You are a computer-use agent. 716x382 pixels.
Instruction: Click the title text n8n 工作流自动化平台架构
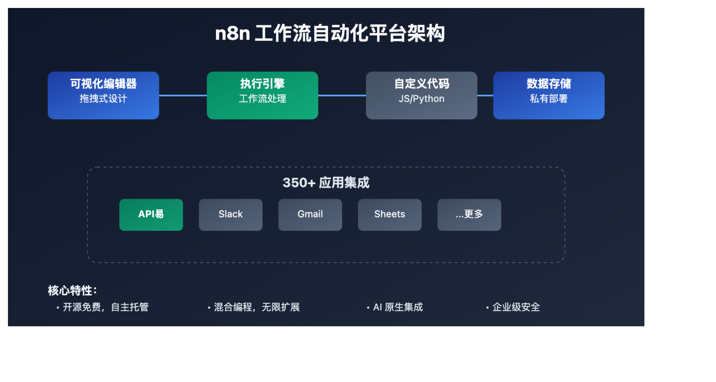click(330, 34)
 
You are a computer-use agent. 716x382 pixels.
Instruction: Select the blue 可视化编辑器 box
click(103, 95)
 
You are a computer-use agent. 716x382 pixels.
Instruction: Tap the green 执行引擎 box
click(262, 95)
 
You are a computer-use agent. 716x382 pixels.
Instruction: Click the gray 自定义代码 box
click(421, 95)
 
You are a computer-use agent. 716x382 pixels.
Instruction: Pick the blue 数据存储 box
click(549, 95)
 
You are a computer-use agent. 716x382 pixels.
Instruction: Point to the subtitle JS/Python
click(421, 99)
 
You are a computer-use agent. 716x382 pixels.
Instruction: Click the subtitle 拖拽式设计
click(103, 99)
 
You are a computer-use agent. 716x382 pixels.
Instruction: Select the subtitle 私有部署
click(549, 99)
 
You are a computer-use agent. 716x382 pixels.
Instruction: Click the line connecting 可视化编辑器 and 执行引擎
click(183, 96)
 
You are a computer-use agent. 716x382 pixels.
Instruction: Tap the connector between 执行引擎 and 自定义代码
click(342, 96)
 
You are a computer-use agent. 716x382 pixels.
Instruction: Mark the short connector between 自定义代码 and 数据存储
click(485, 96)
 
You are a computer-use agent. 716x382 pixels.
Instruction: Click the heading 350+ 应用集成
click(326, 182)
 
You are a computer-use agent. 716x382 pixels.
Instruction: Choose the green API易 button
click(151, 215)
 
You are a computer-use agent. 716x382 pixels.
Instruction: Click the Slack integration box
click(231, 215)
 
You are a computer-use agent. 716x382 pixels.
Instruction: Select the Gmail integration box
click(310, 215)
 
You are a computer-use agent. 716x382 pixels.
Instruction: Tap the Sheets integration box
click(390, 215)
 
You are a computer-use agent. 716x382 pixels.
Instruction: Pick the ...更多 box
click(469, 215)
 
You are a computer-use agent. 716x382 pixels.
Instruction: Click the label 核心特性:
click(72, 291)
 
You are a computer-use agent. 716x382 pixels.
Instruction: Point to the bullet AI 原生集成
click(398, 307)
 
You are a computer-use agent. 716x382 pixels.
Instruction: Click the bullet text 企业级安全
click(516, 307)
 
